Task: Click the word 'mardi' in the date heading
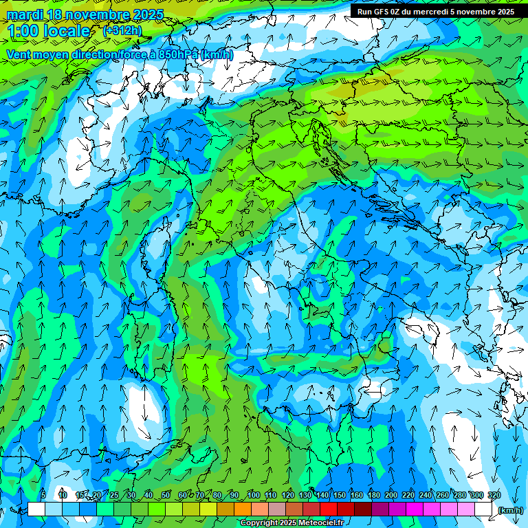point(24,14)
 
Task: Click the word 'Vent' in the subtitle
point(21,54)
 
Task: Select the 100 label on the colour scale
point(254,495)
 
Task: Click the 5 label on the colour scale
point(43,495)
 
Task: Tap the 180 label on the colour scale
point(374,495)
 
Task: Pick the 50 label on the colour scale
point(166,495)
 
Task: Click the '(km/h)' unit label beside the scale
point(510,509)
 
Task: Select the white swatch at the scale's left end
point(36,509)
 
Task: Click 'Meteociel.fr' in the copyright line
point(321,523)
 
